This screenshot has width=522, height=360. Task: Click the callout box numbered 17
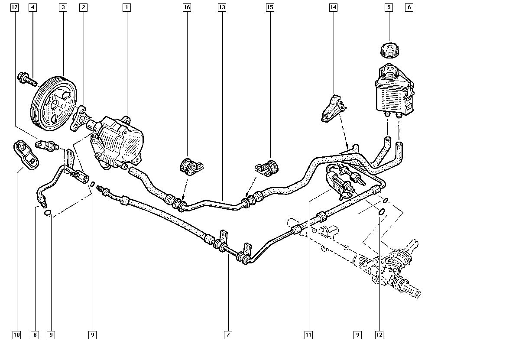pos(16,7)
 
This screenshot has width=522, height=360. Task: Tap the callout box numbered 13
pos(222,7)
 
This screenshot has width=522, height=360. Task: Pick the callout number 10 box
pos(16,334)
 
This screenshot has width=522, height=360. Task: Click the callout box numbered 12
pos(380,334)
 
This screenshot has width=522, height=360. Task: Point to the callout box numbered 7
pos(228,334)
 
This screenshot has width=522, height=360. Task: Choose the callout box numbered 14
pos(333,7)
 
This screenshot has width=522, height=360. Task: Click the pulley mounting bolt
pos(27,79)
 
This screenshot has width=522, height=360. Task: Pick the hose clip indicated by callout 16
pos(191,165)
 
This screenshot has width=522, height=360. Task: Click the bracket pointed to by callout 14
pos(333,108)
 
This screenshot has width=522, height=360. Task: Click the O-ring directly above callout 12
pos(381,212)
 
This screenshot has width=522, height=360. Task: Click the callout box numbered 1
pos(126,7)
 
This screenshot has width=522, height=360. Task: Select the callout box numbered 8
pos(35,334)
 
